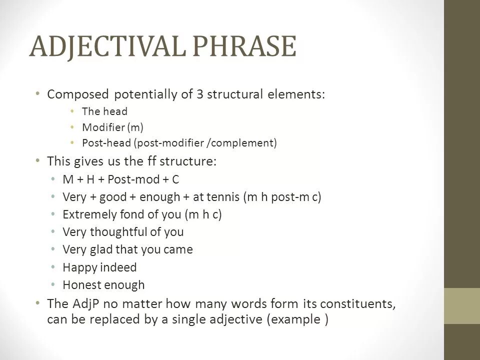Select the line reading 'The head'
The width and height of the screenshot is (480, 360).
105,111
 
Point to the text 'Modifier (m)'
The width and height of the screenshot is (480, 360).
113,127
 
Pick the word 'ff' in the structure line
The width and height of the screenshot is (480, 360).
156,162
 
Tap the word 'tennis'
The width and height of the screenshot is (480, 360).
222,197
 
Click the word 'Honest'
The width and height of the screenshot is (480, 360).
80,285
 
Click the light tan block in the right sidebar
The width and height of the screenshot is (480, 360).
462,305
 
